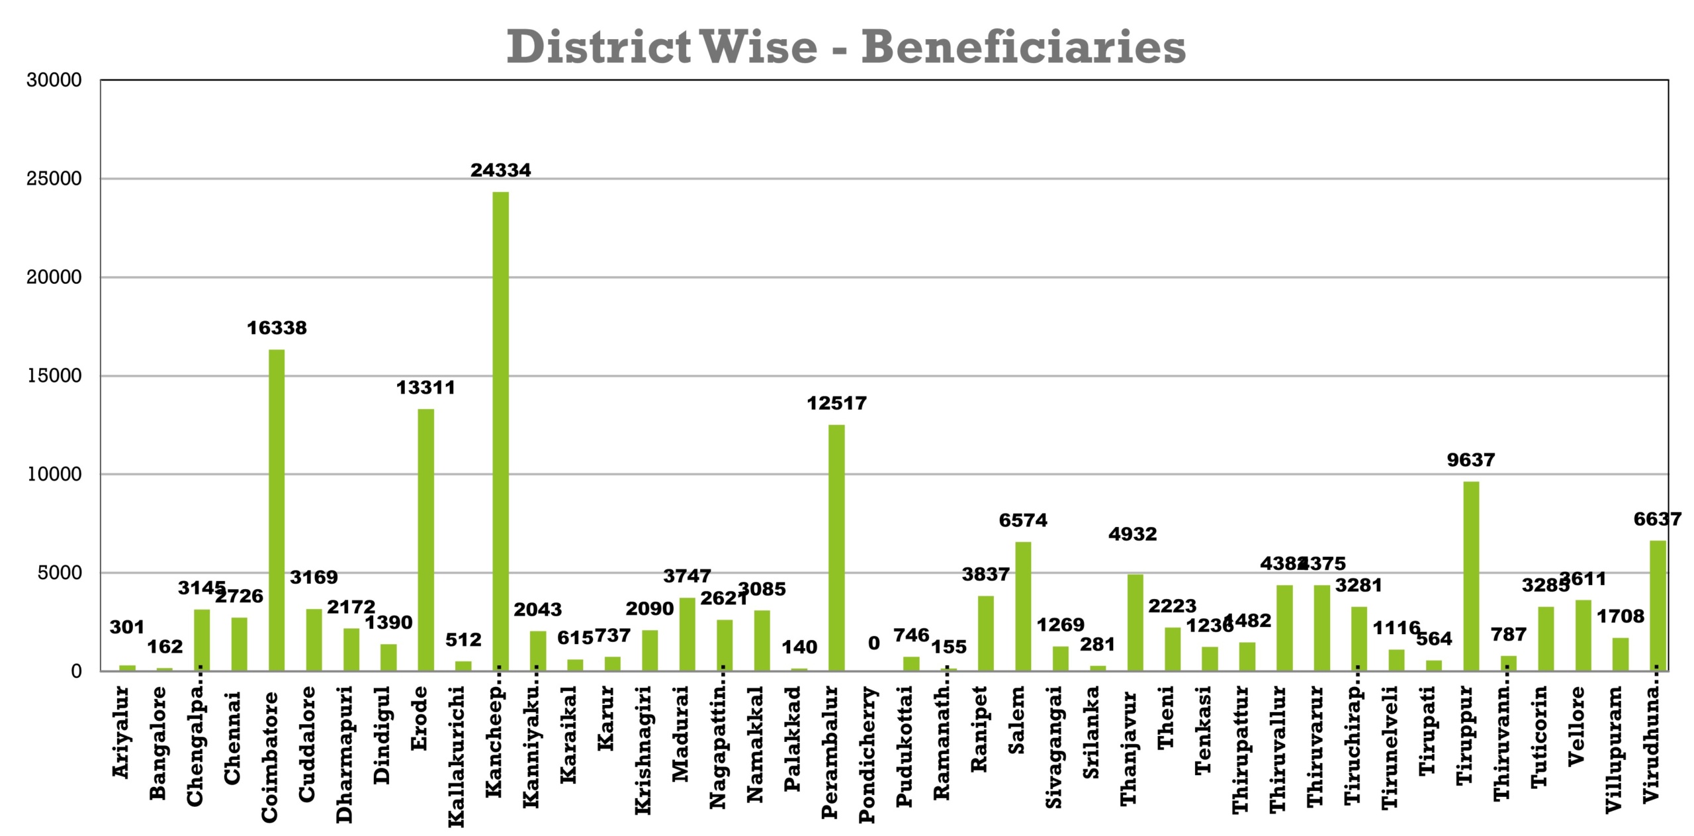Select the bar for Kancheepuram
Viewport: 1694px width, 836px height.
pyautogui.click(x=500, y=430)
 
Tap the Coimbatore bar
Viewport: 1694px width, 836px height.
pyautogui.click(x=277, y=510)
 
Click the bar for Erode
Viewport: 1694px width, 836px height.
pyautogui.click(x=425, y=539)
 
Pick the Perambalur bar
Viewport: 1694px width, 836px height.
pyautogui.click(x=836, y=547)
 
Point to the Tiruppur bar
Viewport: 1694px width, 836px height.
pyautogui.click(x=1470, y=576)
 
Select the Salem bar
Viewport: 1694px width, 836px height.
pyautogui.click(x=1023, y=606)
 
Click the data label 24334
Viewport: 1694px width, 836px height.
pyautogui.click(x=500, y=171)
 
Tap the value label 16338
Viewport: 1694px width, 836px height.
pyautogui.click(x=277, y=328)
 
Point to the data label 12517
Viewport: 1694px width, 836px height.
pyautogui.click(x=836, y=403)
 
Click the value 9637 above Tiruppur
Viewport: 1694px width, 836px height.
pyautogui.click(x=1470, y=460)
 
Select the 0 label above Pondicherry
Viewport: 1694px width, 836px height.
pyautogui.click(x=873, y=643)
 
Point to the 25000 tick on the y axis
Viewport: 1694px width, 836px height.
pyautogui.click(x=54, y=179)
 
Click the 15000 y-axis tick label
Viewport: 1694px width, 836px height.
pyautogui.click(x=54, y=376)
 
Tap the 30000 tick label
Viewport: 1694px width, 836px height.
pyautogui.click(x=54, y=81)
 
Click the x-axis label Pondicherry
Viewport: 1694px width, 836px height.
pyautogui.click(x=868, y=755)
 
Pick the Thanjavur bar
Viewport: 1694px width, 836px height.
pyautogui.click(x=1135, y=622)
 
